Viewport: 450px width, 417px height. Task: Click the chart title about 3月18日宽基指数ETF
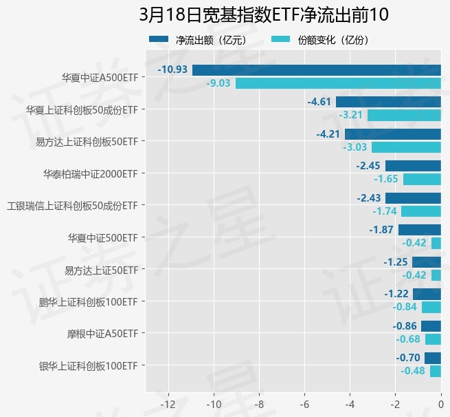coord(259,15)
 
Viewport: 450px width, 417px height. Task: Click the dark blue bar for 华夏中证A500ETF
coord(317,69)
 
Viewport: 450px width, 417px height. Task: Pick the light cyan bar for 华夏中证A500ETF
coord(338,83)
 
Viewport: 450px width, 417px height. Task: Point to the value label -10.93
coord(172,69)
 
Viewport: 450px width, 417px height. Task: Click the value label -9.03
coord(218,83)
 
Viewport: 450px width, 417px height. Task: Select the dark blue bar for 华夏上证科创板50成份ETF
coord(388,102)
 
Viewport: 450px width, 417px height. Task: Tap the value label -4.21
coord(328,133)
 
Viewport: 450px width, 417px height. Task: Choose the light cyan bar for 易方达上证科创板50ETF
coord(406,147)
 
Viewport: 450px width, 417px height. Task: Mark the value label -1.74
coord(385,211)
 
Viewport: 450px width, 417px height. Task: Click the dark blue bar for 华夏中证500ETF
coord(420,230)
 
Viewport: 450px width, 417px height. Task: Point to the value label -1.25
coord(396,262)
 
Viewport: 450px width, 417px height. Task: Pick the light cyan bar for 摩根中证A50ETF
coord(433,339)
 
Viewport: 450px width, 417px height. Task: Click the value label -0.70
coord(408,358)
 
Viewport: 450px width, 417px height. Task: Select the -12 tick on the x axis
coord(168,403)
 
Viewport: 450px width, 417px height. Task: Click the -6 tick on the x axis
coord(304,403)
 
